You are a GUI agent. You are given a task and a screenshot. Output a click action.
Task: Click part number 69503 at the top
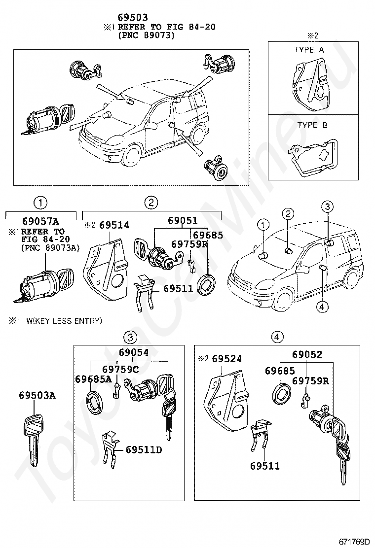[x=133, y=17]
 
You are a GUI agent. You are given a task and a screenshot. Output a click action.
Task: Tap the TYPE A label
[x=309, y=50]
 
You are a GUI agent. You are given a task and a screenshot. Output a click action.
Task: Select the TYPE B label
[x=312, y=125]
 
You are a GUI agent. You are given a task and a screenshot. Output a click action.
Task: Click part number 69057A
[x=40, y=221]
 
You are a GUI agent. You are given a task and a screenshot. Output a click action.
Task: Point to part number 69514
[x=114, y=225]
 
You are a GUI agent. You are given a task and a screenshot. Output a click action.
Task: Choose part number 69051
[x=183, y=220]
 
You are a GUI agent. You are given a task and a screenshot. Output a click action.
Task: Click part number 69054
[x=134, y=352]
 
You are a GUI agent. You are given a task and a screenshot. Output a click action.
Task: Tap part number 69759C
[x=121, y=369]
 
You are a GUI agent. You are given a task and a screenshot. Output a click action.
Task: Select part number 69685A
[x=93, y=379]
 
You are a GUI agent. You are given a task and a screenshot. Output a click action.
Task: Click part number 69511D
[x=144, y=449]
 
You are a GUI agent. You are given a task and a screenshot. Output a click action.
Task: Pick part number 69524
[x=226, y=359]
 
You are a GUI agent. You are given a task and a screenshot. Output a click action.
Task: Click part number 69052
[x=307, y=354]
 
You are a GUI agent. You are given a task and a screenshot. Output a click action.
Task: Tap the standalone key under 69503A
[x=34, y=439]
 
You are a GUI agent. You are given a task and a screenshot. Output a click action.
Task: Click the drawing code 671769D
[x=354, y=542]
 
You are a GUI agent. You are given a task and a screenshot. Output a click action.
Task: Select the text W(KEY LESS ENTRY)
[x=64, y=320]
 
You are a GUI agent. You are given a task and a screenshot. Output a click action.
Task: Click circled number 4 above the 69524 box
[x=277, y=337]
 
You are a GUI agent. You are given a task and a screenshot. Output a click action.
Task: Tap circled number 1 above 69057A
[x=40, y=203]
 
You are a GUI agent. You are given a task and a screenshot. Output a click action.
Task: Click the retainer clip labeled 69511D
[x=110, y=448]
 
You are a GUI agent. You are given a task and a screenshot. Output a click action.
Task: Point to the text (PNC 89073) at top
[x=146, y=35]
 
